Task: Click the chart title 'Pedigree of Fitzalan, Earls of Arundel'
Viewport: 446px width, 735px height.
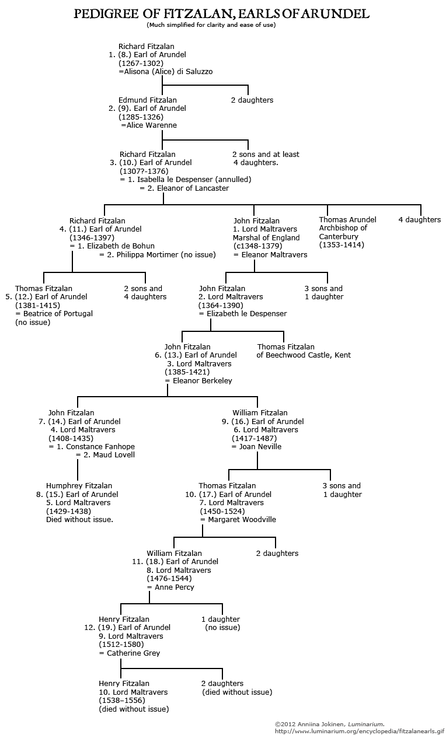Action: (222, 13)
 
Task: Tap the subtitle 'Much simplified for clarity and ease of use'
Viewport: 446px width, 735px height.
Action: (211, 25)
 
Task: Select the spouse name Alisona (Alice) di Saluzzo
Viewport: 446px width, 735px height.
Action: (168, 72)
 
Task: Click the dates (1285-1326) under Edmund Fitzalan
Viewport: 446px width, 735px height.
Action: (141, 117)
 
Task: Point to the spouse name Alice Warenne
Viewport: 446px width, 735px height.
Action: (151, 125)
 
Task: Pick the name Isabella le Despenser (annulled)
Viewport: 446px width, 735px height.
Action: (194, 180)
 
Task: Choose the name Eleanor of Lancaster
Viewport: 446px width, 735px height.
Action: (193, 188)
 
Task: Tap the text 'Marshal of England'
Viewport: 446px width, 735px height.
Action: (266, 237)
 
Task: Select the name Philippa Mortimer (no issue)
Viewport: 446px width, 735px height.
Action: (166, 254)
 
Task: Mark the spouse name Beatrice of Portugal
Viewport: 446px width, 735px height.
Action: (58, 314)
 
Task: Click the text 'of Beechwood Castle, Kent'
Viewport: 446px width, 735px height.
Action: (304, 355)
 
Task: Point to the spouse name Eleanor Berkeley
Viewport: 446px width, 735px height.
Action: (203, 380)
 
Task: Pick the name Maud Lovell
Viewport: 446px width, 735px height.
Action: (114, 455)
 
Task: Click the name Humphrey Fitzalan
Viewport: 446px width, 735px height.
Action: (79, 485)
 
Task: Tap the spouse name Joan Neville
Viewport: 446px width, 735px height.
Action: (260, 447)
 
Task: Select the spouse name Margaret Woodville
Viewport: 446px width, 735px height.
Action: (242, 519)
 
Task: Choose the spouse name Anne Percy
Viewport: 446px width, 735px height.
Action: (175, 587)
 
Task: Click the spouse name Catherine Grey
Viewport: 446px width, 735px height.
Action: (133, 653)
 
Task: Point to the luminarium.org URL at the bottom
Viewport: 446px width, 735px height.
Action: (359, 731)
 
